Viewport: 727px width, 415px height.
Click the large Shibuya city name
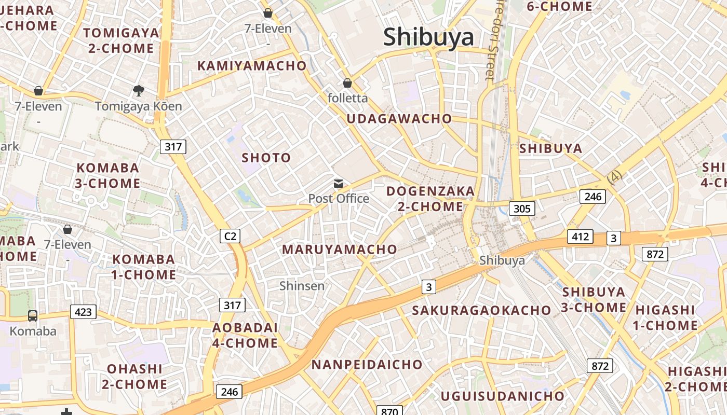point(428,37)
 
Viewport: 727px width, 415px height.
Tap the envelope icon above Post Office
point(339,183)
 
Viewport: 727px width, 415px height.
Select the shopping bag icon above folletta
point(347,83)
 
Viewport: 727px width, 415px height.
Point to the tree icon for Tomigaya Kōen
point(138,91)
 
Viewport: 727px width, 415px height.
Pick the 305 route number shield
point(521,209)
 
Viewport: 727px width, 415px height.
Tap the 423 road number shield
point(83,312)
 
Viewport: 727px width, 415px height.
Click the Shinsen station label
point(302,286)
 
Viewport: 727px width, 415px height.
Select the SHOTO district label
point(266,158)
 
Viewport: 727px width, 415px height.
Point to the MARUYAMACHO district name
point(339,250)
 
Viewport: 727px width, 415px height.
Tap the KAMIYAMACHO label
point(252,66)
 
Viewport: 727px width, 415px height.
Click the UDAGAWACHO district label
point(399,119)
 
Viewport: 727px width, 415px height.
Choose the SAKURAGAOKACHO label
point(481,310)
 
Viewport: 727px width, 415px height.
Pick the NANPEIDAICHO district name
point(367,365)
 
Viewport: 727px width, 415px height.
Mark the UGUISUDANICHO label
point(502,396)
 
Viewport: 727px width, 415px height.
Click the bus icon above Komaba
point(32,315)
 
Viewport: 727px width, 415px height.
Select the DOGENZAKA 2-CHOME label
point(430,199)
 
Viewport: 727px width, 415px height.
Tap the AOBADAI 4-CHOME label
point(245,335)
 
